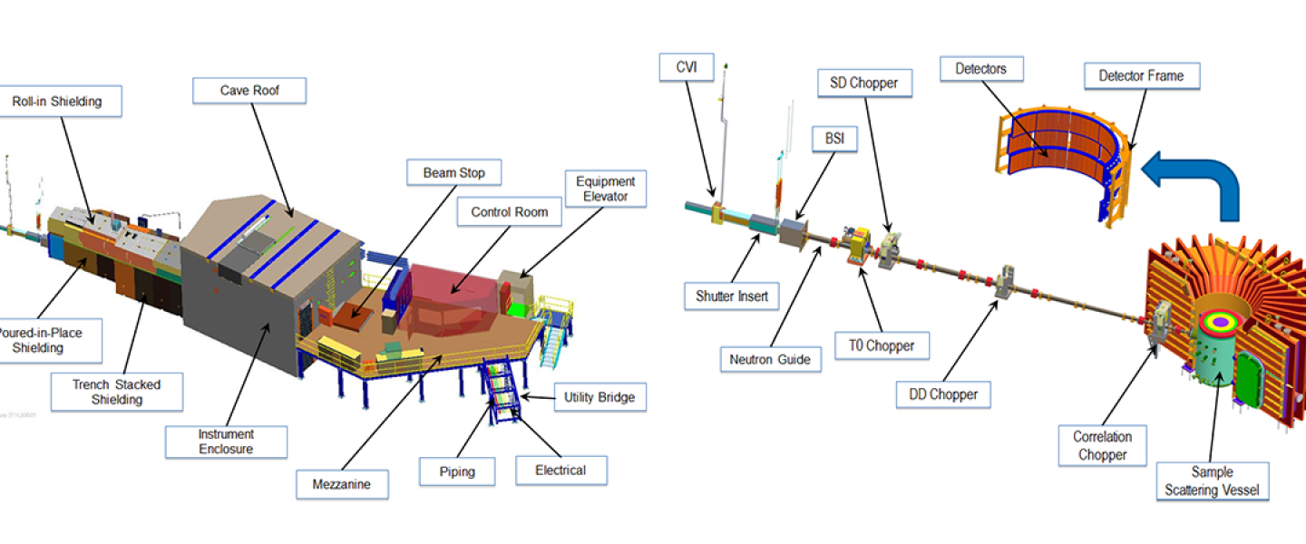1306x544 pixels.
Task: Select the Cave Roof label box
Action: point(249,91)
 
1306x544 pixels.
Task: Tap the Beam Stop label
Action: point(453,172)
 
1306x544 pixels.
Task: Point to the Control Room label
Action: point(510,212)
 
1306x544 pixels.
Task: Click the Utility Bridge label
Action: point(599,397)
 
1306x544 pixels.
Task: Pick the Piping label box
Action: point(458,471)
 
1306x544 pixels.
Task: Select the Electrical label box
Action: point(560,470)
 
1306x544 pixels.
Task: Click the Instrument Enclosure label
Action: point(226,442)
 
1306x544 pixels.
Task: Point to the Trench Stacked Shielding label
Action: point(116,392)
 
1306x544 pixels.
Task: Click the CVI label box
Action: point(687,66)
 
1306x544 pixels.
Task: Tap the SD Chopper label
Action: point(864,83)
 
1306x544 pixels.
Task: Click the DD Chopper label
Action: point(943,394)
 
